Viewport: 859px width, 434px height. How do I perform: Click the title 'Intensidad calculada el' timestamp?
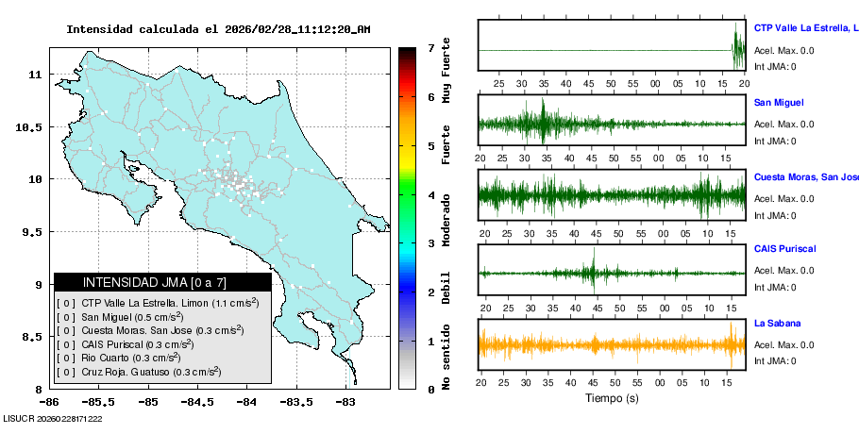click(218, 29)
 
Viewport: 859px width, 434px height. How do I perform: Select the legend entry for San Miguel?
click(131, 317)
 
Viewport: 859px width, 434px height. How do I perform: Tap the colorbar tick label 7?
click(429, 47)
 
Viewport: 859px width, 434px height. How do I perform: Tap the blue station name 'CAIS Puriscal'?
click(784, 249)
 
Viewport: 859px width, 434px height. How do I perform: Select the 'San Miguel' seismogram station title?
click(779, 102)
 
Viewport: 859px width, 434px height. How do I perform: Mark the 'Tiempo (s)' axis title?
click(611, 398)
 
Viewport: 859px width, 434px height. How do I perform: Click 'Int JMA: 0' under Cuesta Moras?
click(774, 216)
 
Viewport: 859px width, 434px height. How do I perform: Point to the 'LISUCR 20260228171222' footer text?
click(52, 418)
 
